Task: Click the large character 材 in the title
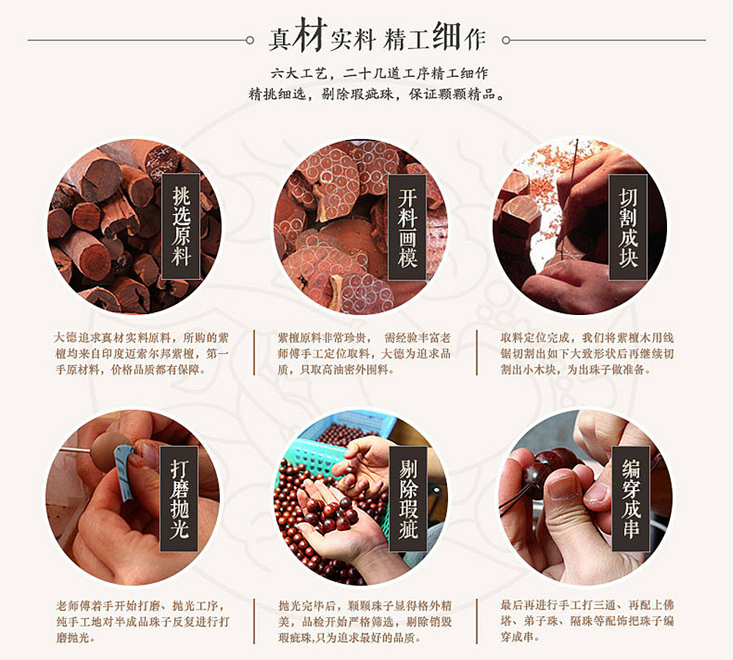[309, 37]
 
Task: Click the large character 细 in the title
[447, 37]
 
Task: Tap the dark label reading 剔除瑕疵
[408, 498]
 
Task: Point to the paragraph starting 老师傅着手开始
[142, 622]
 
